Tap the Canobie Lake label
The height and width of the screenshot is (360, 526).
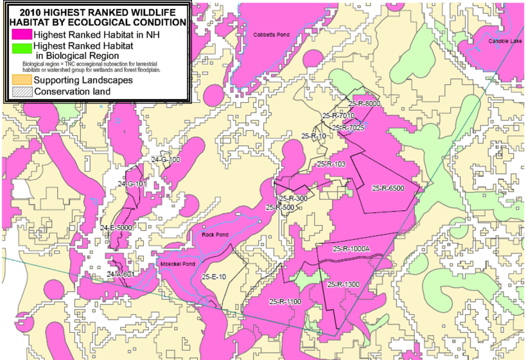click(504, 40)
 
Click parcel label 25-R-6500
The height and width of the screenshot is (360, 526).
click(388, 188)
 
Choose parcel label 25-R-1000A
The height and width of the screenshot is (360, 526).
click(351, 249)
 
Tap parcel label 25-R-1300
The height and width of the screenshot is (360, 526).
click(344, 284)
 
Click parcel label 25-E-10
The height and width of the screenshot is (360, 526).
click(214, 276)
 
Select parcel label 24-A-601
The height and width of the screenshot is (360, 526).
click(120, 274)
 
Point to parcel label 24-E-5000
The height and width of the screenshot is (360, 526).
click(116, 228)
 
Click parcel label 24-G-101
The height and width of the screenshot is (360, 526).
click(133, 184)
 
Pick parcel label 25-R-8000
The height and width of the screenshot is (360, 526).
click(364, 103)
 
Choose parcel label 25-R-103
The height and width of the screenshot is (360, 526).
click(331, 164)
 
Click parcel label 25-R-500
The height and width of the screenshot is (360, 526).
click(279, 208)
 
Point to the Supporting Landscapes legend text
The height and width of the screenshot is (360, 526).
click(83, 80)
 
